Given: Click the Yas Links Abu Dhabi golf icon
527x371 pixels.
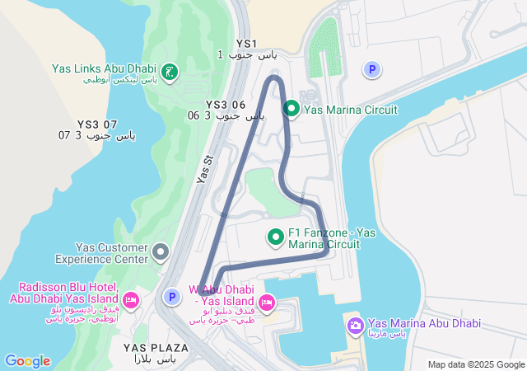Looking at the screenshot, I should pyautogui.click(x=170, y=73).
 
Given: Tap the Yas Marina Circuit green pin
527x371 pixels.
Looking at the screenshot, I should pyautogui.click(x=291, y=109).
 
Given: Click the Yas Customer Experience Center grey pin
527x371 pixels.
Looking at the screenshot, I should pyautogui.click(x=161, y=251).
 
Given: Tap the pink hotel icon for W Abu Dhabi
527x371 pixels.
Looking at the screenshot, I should pyautogui.click(x=267, y=303).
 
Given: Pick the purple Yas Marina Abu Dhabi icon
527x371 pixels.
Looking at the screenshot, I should pyautogui.click(x=355, y=326).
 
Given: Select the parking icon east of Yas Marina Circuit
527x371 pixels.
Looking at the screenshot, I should pyautogui.click(x=372, y=71).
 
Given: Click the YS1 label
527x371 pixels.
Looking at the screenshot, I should pyautogui.click(x=246, y=44).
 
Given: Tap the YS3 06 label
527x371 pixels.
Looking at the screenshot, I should pyautogui.click(x=226, y=105).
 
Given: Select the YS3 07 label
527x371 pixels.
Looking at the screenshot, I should pyautogui.click(x=87, y=124).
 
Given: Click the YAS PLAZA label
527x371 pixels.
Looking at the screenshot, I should pyautogui.click(x=156, y=348).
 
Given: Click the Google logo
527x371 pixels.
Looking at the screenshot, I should pyautogui.click(x=27, y=361).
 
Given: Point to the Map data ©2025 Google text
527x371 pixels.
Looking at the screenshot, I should pyautogui.click(x=476, y=364).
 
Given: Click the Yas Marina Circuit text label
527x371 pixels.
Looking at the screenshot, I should pyautogui.click(x=350, y=110).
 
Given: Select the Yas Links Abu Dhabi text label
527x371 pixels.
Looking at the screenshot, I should pyautogui.click(x=104, y=69).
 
